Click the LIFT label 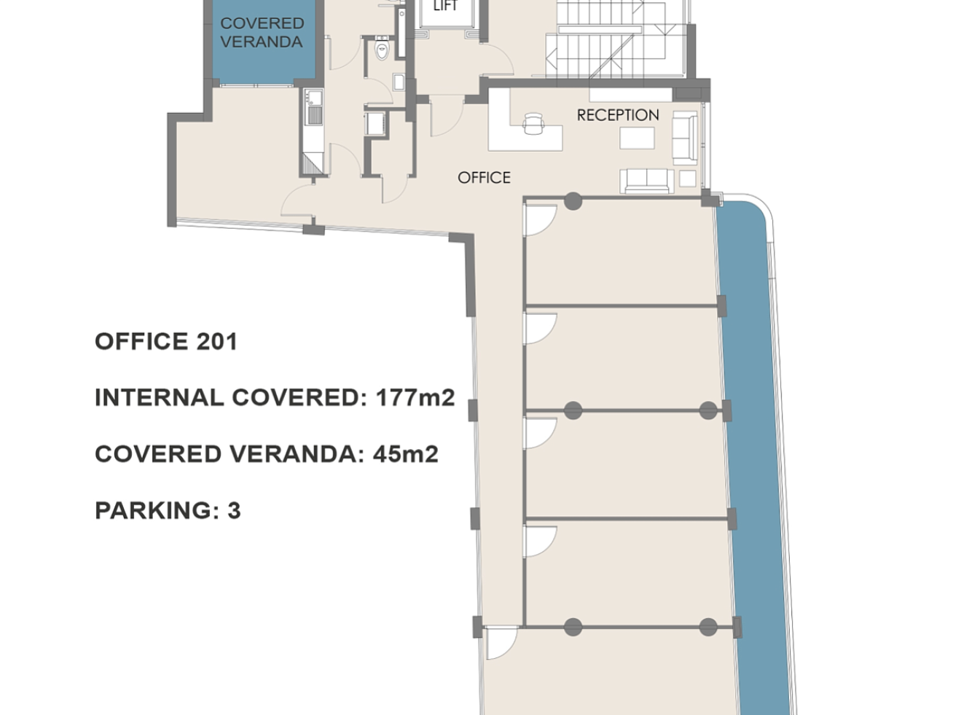click(x=445, y=6)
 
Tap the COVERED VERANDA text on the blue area click(x=262, y=33)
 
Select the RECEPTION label click(x=618, y=115)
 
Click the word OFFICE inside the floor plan click(x=484, y=178)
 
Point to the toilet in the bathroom click(x=382, y=49)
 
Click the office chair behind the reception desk click(x=533, y=123)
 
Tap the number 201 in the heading click(x=217, y=341)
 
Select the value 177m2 click(x=415, y=398)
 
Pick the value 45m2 click(x=406, y=454)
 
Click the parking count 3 click(x=234, y=510)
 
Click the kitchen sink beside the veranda click(x=313, y=98)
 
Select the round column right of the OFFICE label click(x=573, y=201)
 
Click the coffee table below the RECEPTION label click(x=637, y=138)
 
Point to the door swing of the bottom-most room click(x=502, y=643)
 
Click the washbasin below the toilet click(x=399, y=82)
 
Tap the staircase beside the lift click(x=616, y=39)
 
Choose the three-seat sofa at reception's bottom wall click(x=647, y=181)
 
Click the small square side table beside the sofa click(x=687, y=179)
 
